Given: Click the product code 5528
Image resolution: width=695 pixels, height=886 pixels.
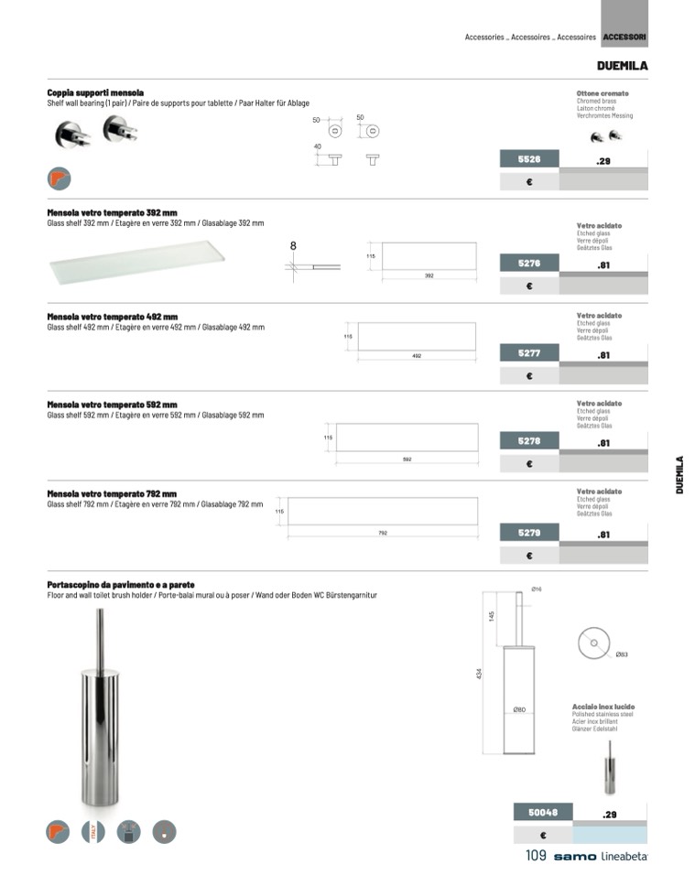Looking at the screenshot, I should (528, 159).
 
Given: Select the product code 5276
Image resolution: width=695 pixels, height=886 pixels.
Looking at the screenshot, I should (528, 264).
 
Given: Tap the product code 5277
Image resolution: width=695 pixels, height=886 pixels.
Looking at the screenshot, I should (528, 352).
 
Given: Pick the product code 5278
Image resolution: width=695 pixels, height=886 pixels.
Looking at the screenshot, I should (528, 441).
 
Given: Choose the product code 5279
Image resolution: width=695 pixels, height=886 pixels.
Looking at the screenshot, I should (528, 532).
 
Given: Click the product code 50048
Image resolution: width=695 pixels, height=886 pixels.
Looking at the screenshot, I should (543, 812).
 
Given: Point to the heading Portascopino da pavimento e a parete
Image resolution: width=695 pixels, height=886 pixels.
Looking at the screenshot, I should (120, 585).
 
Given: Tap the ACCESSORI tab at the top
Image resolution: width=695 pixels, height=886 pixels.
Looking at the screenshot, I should (624, 38).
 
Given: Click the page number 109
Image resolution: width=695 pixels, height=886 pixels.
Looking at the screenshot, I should (536, 856).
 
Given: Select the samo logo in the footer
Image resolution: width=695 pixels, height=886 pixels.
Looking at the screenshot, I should (574, 857).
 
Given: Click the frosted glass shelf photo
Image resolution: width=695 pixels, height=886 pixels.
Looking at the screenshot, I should (136, 265).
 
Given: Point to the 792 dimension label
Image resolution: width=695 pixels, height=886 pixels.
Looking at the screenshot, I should (383, 532).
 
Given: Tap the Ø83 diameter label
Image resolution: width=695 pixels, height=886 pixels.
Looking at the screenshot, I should (621, 654).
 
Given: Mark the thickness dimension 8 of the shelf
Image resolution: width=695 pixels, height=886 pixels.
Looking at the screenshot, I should (293, 245).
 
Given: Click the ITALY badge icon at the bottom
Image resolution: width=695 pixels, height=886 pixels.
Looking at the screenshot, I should (93, 831).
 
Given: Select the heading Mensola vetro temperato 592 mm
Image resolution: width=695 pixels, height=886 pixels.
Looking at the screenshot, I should (112, 405).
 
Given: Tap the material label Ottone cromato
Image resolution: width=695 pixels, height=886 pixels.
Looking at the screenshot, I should (603, 93).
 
